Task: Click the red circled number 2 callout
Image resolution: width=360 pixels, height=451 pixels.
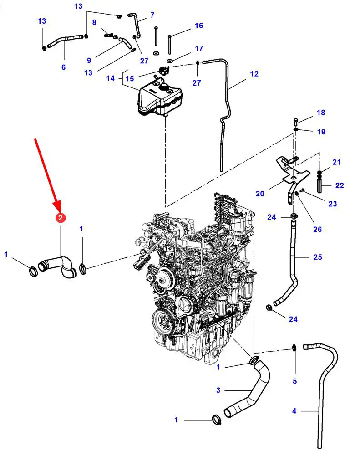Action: (61, 218)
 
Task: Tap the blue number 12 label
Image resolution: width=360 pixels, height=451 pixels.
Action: (254, 74)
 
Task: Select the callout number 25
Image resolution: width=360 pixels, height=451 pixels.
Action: (318, 257)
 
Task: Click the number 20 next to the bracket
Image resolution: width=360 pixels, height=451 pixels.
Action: (260, 194)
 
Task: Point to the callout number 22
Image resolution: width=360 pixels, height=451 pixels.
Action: (340, 185)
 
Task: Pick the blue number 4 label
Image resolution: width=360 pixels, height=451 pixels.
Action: (294, 411)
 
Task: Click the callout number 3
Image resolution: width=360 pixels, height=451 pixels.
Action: (218, 390)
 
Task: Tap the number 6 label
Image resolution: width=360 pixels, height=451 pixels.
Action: (64, 67)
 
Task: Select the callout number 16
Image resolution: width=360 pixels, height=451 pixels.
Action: (198, 26)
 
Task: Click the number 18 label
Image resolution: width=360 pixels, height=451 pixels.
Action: (321, 113)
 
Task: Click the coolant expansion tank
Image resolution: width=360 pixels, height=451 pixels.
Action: (160, 97)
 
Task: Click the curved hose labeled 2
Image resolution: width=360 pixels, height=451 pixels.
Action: (57, 266)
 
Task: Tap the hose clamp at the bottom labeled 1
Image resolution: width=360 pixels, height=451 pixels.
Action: (217, 420)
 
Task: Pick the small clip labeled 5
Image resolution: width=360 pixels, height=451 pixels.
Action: (294, 348)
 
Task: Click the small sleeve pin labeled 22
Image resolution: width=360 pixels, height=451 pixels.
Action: (319, 185)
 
